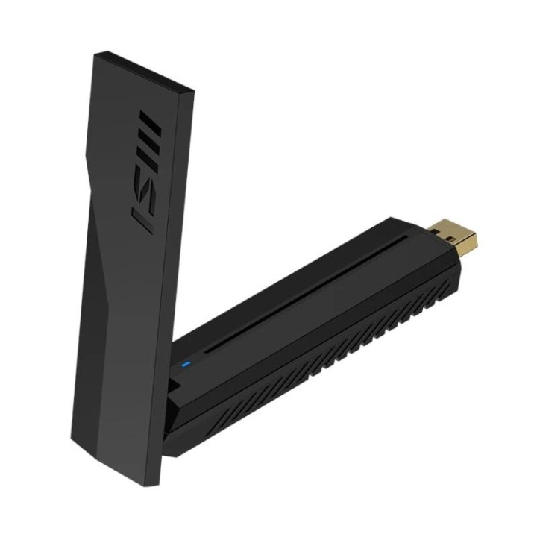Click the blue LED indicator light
[x=186, y=365]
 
